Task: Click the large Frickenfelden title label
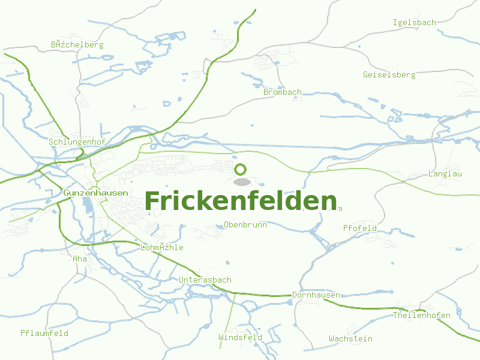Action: point(241,201)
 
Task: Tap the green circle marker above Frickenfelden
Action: point(241,169)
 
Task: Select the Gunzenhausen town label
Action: point(95,193)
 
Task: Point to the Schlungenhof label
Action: point(77,142)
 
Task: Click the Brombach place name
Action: point(282,92)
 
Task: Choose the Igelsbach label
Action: point(414,22)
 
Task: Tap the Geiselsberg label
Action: point(389,74)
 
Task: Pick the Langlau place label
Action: point(445,173)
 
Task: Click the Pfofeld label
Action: point(360,228)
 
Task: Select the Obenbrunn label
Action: point(245,224)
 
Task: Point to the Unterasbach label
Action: point(205,280)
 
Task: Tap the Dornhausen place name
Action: point(316,295)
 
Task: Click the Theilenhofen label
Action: point(421,315)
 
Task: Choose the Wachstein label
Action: point(350,338)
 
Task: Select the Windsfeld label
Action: point(240,337)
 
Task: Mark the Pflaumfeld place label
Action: point(44,332)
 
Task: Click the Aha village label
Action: point(79,259)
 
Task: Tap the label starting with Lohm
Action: point(161,247)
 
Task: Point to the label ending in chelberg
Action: point(77,44)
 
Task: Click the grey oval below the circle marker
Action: point(241,182)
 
